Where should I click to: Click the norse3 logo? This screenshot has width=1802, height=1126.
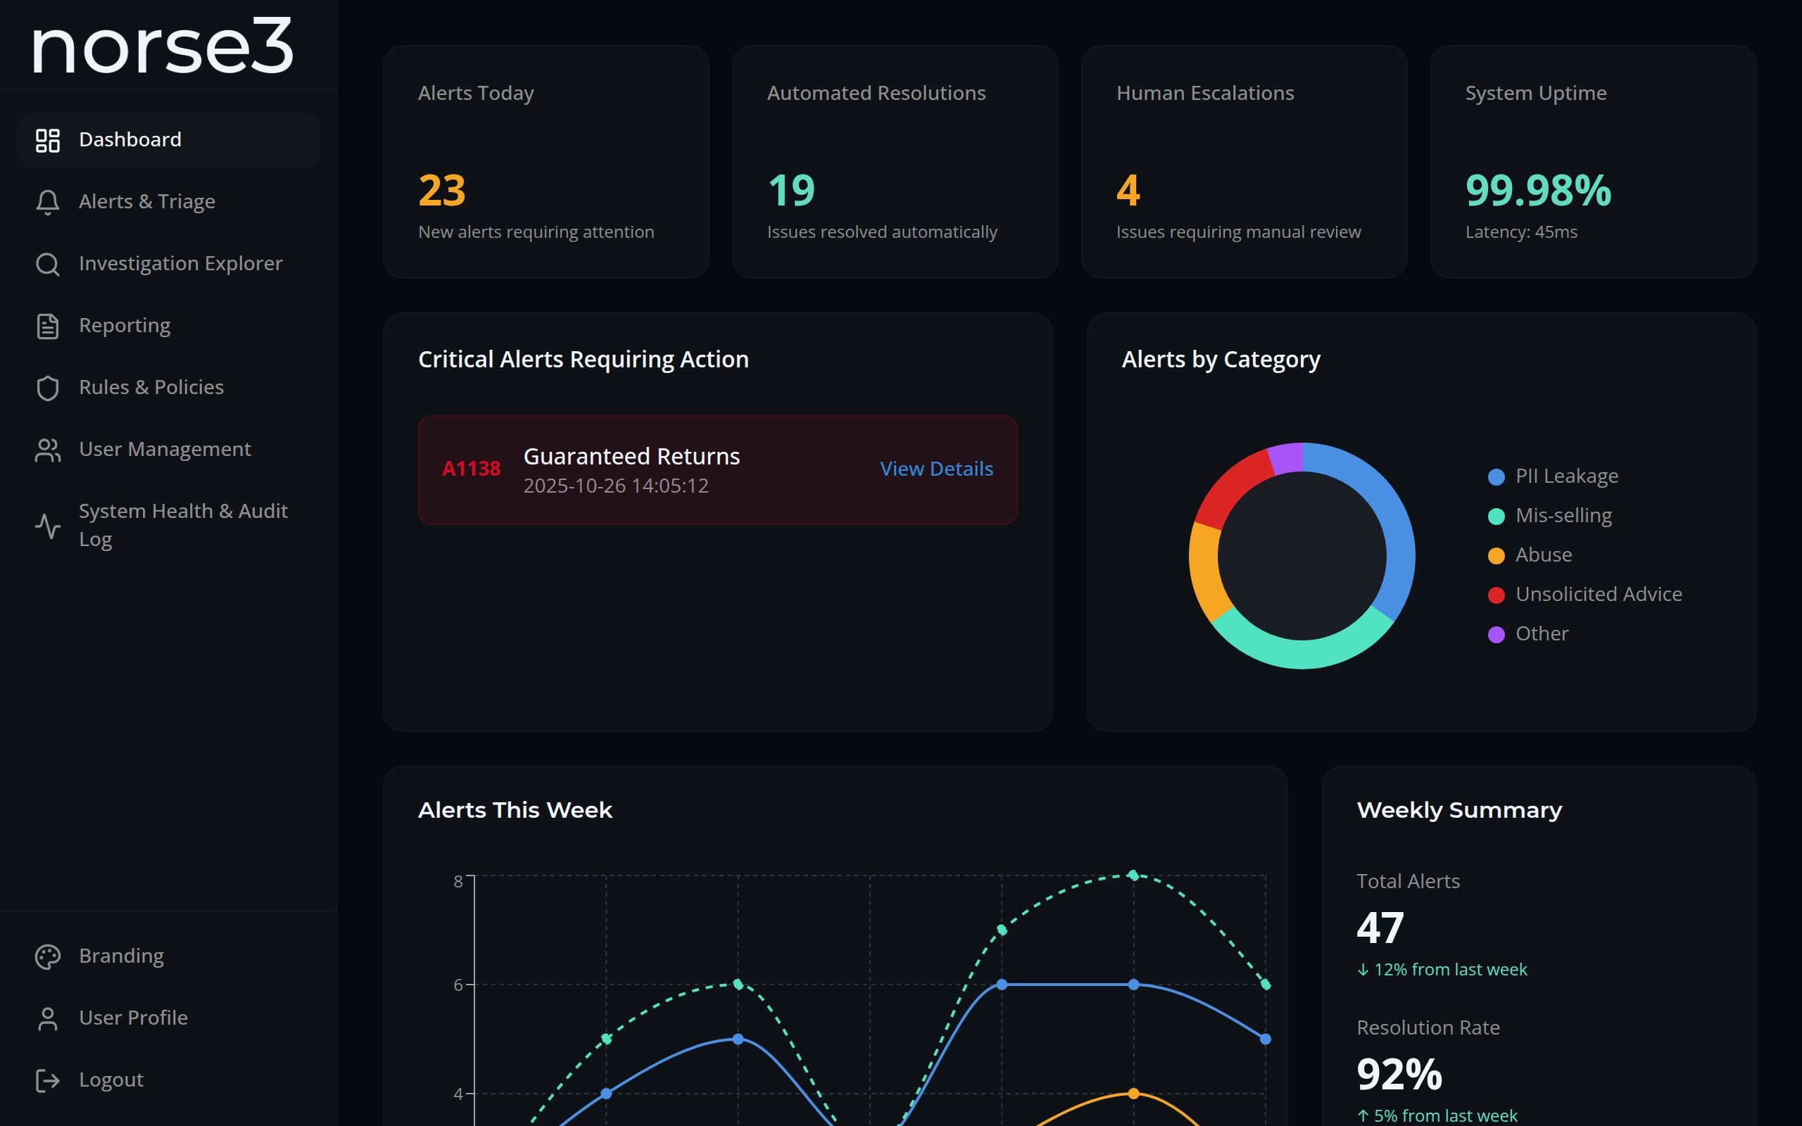click(x=163, y=46)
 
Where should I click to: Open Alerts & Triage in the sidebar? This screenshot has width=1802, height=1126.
click(x=146, y=201)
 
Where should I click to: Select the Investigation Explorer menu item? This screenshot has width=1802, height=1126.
click(x=180, y=263)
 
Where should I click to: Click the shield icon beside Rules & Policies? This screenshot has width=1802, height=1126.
click(x=48, y=387)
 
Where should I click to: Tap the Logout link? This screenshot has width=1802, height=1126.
click(x=111, y=1079)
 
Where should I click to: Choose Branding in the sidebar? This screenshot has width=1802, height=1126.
click(x=121, y=956)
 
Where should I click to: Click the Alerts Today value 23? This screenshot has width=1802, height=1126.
click(x=441, y=190)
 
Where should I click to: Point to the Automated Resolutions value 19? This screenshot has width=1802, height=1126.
click(x=790, y=190)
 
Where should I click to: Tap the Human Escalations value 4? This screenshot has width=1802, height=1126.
click(x=1128, y=190)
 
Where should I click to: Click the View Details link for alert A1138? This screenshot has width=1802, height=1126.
click(x=936, y=469)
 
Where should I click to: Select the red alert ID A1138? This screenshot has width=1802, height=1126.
click(x=471, y=469)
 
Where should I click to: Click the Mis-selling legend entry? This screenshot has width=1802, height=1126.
click(x=1563, y=515)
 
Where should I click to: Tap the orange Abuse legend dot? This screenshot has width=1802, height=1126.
click(x=1496, y=555)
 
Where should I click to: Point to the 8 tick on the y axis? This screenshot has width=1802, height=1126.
click(x=458, y=881)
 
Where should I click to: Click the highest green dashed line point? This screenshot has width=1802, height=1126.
click(x=1133, y=875)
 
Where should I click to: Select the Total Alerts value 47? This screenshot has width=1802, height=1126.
click(x=1380, y=928)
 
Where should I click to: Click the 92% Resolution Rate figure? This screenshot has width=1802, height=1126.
click(x=1399, y=1074)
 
